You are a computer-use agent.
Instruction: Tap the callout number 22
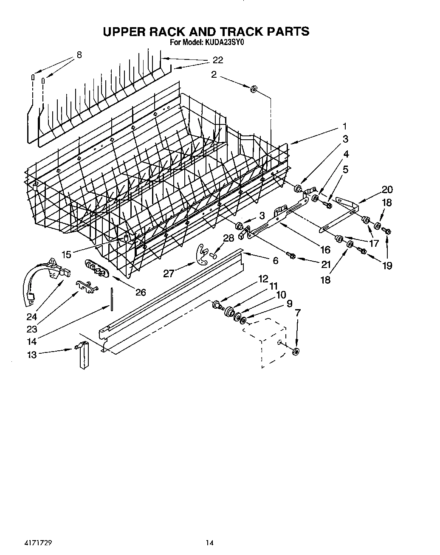point(217,60)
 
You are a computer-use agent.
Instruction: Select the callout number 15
point(66,254)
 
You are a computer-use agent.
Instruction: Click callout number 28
point(228,238)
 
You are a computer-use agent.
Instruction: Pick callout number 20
point(387,190)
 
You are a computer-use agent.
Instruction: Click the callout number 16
point(325,249)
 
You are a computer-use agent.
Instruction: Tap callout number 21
point(326,265)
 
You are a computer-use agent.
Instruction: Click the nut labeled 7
point(296,351)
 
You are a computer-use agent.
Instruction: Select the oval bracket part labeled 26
point(97,268)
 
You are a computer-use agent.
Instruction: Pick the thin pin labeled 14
point(112,300)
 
